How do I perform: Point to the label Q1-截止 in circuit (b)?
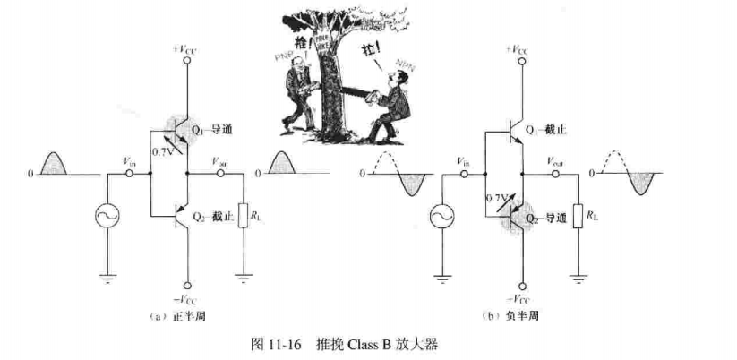546,130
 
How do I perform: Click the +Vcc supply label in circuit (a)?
188,51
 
